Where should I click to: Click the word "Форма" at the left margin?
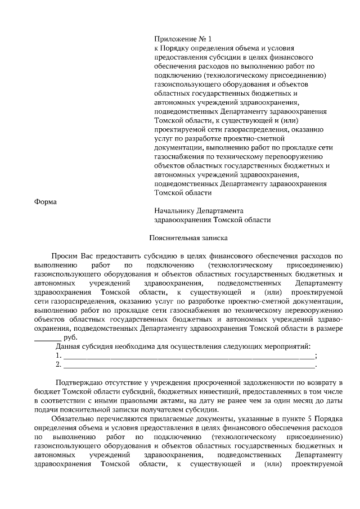click(46, 202)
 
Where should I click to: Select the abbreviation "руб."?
click(70, 337)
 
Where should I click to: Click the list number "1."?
click(58, 355)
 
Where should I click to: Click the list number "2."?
click(58, 364)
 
